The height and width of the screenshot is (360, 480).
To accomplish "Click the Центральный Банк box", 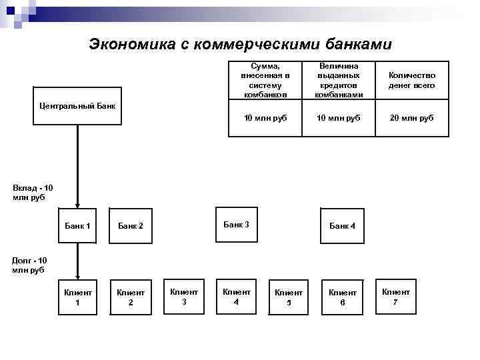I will pos(77,106).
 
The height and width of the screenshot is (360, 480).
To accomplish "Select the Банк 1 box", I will pos(77,226).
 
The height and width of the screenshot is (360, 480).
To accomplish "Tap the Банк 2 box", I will pos(131,226).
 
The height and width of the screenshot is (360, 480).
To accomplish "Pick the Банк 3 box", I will pos(236,225).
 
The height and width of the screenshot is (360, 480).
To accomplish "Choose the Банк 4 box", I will pos(342,226).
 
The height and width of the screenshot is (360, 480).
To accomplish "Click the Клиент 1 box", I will pos(77,297).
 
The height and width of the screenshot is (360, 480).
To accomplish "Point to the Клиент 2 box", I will pos(131,297).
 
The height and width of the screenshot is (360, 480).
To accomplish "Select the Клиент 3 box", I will pos(184,296).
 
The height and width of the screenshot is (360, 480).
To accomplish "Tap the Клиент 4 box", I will pos(236,296).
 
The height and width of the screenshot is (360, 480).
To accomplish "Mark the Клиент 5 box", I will pos(289,297).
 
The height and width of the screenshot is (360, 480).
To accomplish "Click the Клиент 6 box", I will pos(342,297).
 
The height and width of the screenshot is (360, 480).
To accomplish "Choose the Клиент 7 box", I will pos(395,296).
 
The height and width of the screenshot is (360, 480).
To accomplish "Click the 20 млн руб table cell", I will pos(412,118).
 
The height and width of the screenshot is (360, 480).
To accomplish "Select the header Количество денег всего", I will pos(412,81).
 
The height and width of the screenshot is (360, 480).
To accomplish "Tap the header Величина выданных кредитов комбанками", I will pos(339,81).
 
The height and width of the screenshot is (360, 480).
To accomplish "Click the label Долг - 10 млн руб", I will pos(29,265).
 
